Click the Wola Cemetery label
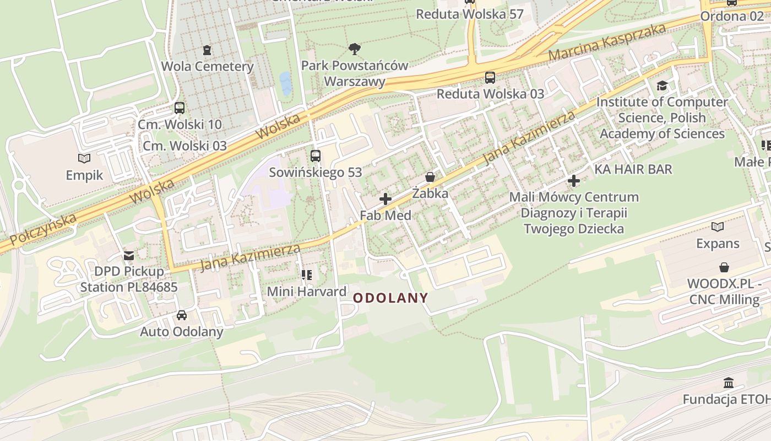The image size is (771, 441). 207,67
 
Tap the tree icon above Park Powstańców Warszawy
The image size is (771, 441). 355,49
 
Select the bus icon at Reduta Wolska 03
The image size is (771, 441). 490,78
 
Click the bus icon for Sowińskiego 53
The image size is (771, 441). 316,156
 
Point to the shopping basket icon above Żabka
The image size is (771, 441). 430,177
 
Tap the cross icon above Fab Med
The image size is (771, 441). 385,199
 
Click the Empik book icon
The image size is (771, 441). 84,159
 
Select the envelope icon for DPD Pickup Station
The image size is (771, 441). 129,256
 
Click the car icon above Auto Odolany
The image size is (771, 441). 181,315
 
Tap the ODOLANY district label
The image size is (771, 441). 390,298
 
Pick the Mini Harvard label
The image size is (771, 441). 307,291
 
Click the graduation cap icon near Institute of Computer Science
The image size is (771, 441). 662,86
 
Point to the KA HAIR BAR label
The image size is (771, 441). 633,169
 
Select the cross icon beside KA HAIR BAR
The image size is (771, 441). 574,180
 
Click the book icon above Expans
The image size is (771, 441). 718,227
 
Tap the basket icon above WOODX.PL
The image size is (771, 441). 724,267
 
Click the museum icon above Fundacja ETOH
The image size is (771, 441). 729,383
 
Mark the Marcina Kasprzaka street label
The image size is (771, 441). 607,42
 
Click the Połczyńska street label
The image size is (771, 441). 43,229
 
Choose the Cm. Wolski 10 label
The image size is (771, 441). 180,125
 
